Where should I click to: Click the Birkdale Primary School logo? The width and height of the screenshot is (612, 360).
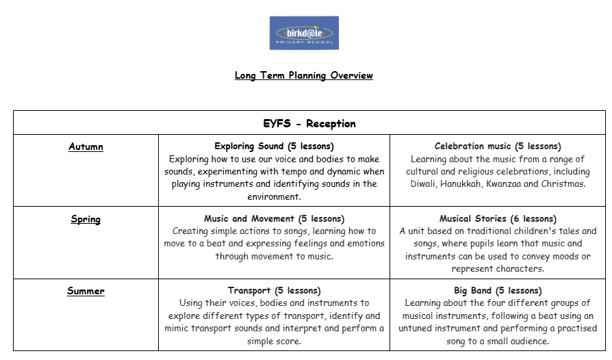pyautogui.click(x=304, y=33)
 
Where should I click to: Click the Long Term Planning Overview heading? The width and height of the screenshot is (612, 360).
pyautogui.click(x=304, y=75)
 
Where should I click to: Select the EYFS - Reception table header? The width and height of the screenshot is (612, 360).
pyautogui.click(x=309, y=124)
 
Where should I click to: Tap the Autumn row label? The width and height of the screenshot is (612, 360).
pyautogui.click(x=86, y=146)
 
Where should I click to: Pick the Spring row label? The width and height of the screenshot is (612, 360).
pyautogui.click(x=86, y=219)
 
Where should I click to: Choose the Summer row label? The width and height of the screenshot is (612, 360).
pyautogui.click(x=86, y=291)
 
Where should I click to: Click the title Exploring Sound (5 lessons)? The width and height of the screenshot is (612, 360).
pyautogui.click(x=274, y=146)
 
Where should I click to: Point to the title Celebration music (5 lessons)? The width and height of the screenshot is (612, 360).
pyautogui.click(x=498, y=146)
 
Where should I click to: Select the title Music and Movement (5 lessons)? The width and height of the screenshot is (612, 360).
pyautogui.click(x=274, y=219)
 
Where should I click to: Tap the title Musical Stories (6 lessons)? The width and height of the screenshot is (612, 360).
pyautogui.click(x=498, y=219)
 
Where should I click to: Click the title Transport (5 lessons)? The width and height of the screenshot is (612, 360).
pyautogui.click(x=274, y=291)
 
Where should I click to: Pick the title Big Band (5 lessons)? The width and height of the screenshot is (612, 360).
pyautogui.click(x=498, y=291)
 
